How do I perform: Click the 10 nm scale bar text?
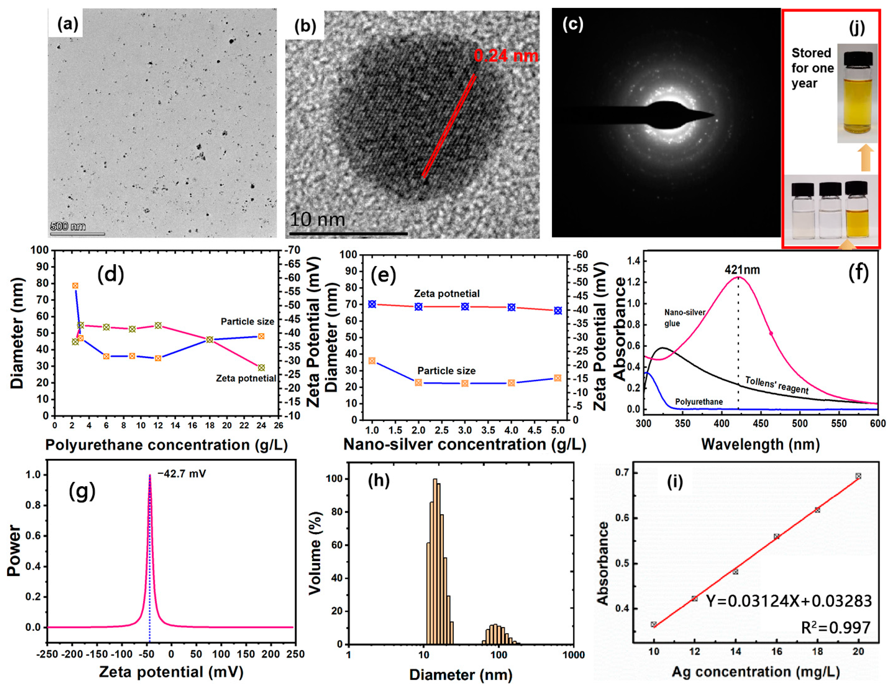click(x=317, y=220)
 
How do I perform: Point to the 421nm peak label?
click(x=742, y=270)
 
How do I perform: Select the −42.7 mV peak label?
click(x=182, y=474)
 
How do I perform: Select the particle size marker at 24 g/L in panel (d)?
click(x=261, y=336)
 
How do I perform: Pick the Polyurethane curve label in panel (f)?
click(x=699, y=402)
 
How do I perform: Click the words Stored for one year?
click(x=812, y=68)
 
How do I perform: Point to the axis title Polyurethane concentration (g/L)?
click(x=166, y=445)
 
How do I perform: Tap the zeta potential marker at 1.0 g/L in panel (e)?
click(x=372, y=304)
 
